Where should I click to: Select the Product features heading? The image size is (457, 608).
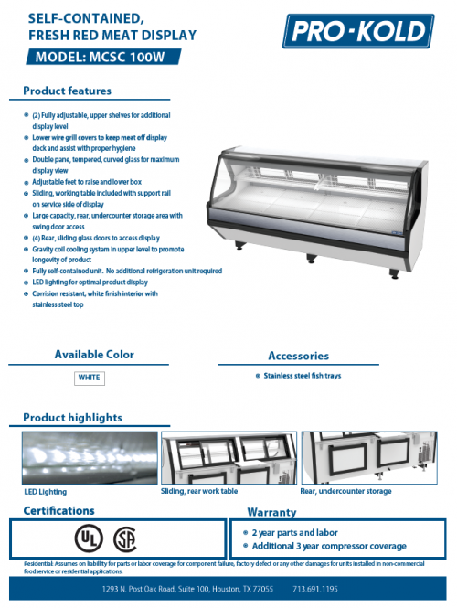(67, 91)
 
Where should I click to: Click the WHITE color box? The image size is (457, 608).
(90, 377)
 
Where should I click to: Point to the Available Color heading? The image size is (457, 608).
(93, 354)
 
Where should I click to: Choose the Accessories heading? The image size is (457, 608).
(298, 356)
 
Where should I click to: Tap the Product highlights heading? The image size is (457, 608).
(72, 418)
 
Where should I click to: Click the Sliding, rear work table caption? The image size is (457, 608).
(199, 491)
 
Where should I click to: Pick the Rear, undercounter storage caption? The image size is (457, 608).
(345, 491)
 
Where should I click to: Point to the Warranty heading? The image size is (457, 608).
(271, 512)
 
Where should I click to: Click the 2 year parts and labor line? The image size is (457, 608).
(294, 531)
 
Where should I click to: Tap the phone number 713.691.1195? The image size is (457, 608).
(341, 590)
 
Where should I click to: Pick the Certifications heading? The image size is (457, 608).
(58, 510)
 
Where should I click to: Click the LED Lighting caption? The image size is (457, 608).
(46, 491)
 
